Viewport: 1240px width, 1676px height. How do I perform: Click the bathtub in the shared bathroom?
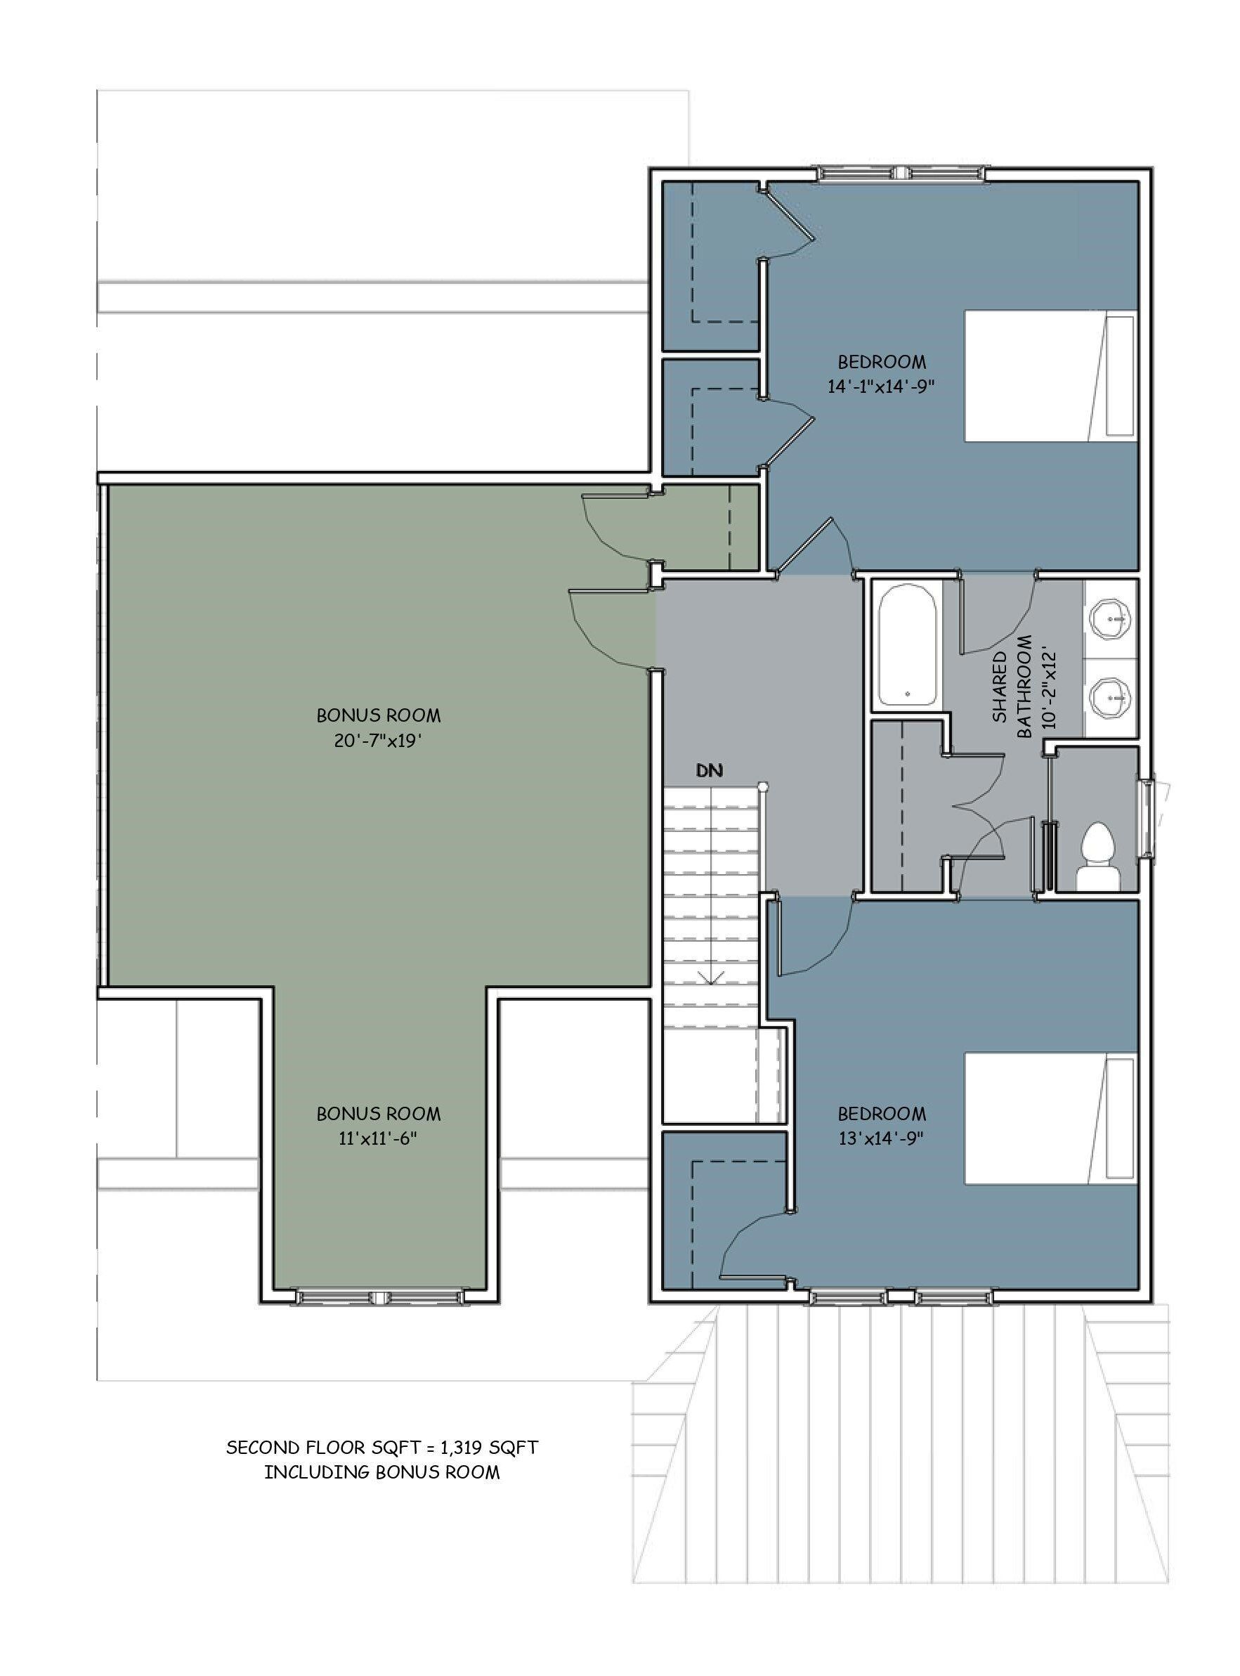coord(907,645)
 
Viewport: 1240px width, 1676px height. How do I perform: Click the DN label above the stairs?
coord(709,770)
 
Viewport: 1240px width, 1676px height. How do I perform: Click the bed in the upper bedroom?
coord(1050,376)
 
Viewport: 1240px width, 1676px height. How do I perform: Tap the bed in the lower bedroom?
coord(1050,1119)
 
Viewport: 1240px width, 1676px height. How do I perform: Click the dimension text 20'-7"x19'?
coord(378,740)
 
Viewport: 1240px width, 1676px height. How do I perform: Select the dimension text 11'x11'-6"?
coord(377,1138)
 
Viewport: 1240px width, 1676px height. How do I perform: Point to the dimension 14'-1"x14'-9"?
coord(882,386)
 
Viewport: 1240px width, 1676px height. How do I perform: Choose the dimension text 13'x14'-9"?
coord(882,1138)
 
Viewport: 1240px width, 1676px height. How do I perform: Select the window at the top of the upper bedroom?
coord(900,174)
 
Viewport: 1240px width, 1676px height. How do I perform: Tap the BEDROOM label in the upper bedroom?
coord(882,362)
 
